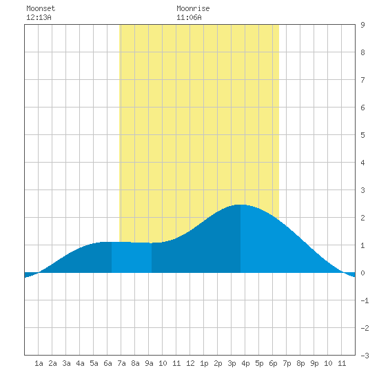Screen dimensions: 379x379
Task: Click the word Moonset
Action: [x=41, y=8]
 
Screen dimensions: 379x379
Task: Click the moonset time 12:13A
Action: [x=39, y=17]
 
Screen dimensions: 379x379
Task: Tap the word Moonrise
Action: [x=193, y=8]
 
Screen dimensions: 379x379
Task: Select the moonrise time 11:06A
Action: [x=189, y=17]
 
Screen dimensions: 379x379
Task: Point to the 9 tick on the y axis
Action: [x=362, y=25]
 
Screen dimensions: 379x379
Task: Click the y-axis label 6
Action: [x=362, y=107]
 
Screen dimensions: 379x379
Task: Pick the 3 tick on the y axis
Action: [x=362, y=190]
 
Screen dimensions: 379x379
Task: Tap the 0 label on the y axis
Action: [x=362, y=273]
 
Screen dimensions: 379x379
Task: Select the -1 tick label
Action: [x=365, y=300]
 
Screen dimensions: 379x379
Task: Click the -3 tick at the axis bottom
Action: [x=365, y=356]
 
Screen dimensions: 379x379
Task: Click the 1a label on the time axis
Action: [x=39, y=363]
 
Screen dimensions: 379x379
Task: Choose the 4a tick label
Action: [x=80, y=363]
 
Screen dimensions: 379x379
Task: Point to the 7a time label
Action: [x=121, y=363]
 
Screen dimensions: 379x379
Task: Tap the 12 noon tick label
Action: [x=190, y=363]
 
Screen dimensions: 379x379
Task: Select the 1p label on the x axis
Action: [x=204, y=363]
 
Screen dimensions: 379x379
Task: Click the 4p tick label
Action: [x=245, y=363]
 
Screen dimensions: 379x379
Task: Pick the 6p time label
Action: [x=273, y=363]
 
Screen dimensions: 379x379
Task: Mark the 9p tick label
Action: [x=314, y=363]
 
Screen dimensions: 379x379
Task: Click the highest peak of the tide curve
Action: [x=240, y=205]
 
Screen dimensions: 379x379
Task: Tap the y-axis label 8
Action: [x=362, y=52]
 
